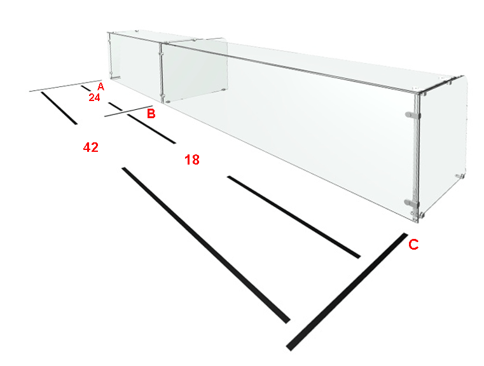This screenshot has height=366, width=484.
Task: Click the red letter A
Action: [100, 86]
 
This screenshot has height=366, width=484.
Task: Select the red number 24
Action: [95, 97]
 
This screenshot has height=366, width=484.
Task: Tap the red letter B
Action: [151, 114]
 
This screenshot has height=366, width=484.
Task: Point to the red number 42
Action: [91, 147]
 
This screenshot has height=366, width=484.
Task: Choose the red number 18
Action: [192, 159]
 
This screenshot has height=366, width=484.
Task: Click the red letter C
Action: [413, 245]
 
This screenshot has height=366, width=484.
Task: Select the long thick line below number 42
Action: [206, 245]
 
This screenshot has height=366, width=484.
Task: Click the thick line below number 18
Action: [294, 217]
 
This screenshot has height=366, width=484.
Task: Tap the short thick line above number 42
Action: [59, 108]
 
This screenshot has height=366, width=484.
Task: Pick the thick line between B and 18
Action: [151, 129]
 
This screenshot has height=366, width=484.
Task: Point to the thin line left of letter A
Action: [66, 86]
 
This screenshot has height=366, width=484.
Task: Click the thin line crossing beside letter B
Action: [128, 111]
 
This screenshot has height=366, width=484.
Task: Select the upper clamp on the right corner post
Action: [413, 115]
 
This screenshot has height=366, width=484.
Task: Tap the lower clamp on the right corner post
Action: [411, 203]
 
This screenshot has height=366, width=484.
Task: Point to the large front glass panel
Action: [287, 130]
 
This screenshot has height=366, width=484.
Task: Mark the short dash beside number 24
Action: [86, 88]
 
